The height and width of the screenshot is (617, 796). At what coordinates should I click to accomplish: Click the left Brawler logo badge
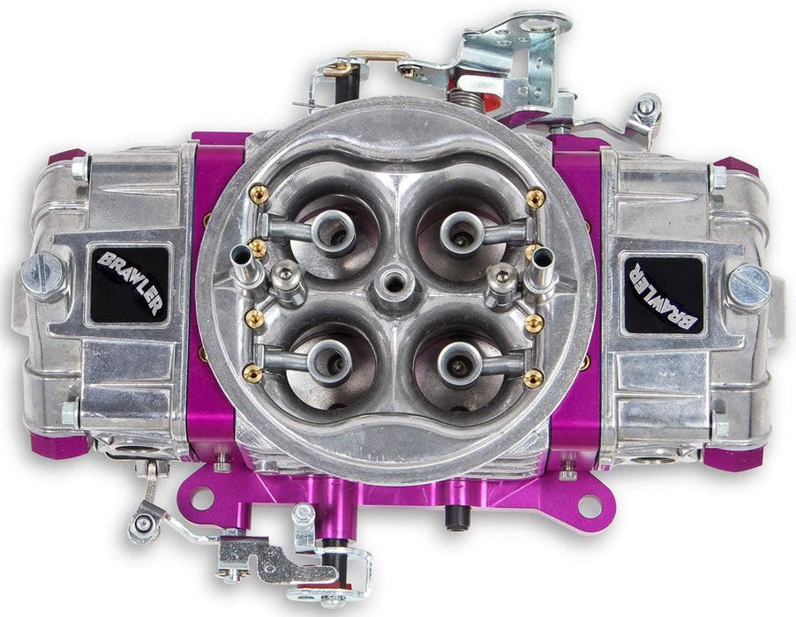tap(129, 283)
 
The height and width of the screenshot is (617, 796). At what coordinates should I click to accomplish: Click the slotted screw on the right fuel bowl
tap(749, 286)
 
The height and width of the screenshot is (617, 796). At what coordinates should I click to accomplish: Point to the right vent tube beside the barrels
tap(539, 261)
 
